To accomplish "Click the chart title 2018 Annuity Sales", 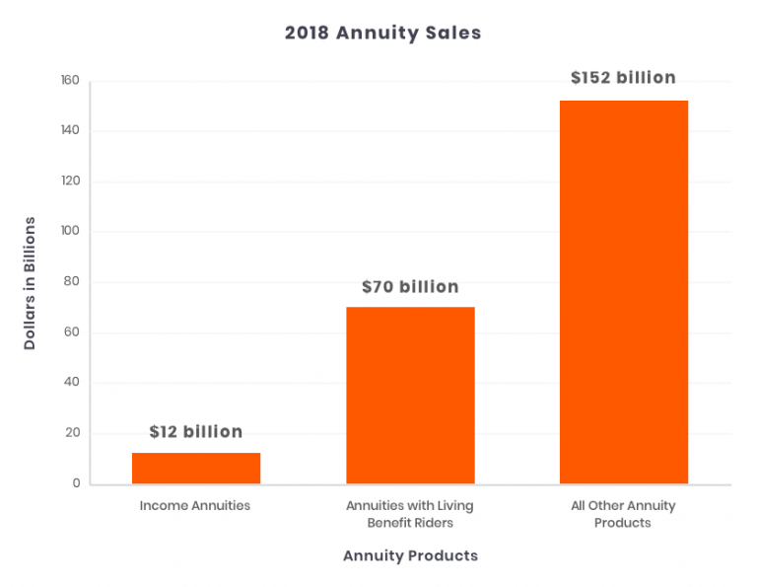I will click(382, 33).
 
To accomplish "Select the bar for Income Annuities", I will click(195, 468).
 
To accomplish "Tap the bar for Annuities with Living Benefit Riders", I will click(410, 395).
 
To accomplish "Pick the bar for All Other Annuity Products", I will click(623, 292).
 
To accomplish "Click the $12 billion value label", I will click(195, 432).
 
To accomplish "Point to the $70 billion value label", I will click(410, 287).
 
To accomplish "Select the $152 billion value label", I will click(623, 78).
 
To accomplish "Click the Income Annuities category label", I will click(195, 506).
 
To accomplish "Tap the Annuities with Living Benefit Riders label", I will click(410, 514).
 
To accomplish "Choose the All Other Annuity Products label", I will click(623, 514).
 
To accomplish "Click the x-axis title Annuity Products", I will click(410, 555).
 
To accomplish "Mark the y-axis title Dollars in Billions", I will click(31, 282).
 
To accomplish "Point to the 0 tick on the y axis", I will click(75, 484).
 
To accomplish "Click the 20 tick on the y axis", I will click(72, 434).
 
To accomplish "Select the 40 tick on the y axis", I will click(72, 383).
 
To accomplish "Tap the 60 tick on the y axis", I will click(72, 332).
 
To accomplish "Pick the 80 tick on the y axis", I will click(72, 282).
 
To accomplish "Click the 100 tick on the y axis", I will click(70, 232).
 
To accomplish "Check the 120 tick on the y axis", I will click(70, 182).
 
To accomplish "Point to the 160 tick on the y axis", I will click(70, 81).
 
